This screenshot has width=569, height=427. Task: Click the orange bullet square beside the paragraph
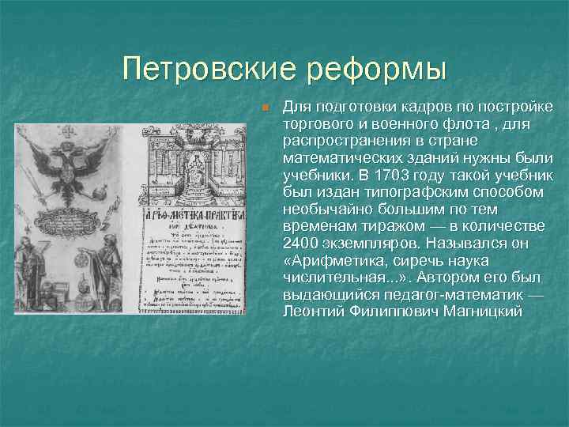coord(267,107)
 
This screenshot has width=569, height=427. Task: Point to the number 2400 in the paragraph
coord(302,244)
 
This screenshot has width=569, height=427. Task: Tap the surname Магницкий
coord(484,312)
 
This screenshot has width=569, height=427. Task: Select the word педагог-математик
coord(446,295)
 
